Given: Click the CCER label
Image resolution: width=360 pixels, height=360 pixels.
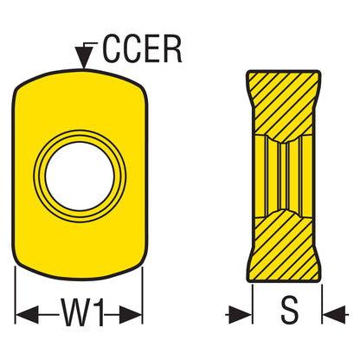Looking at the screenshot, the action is (x=143, y=49).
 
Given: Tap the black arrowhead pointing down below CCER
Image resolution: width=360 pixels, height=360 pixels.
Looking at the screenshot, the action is (x=84, y=57).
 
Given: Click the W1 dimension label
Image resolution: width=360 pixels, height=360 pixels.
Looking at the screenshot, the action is (x=82, y=312).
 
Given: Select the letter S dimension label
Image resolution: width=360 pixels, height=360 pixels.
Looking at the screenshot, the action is (x=289, y=311).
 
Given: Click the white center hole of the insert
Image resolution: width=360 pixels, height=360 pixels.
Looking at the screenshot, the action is (x=80, y=177).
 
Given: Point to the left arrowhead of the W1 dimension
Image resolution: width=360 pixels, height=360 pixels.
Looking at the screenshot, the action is (x=27, y=314).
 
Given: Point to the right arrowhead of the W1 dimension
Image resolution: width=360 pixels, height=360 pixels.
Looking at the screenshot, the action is (x=131, y=314).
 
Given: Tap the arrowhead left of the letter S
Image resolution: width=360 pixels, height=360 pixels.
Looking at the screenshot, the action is (x=240, y=314).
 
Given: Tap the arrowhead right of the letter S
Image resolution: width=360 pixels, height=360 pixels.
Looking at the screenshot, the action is (x=334, y=314).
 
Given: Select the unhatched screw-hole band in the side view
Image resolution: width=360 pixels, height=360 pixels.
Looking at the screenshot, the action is (x=284, y=177).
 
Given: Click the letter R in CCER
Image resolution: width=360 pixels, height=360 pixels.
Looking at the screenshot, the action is (x=172, y=49).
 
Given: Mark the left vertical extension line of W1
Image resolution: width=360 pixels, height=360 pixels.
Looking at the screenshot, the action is (x=15, y=295).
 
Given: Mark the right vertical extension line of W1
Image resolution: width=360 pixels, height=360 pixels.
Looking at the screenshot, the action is (x=142, y=295).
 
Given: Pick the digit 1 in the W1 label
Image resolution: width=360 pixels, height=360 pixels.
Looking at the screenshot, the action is (x=98, y=312).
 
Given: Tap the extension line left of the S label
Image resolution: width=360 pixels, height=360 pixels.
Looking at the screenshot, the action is (x=253, y=304).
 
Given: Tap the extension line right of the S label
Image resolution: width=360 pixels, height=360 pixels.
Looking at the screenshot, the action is (x=322, y=304).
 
